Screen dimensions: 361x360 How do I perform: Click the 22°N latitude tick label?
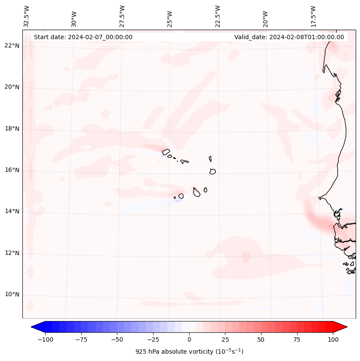(x=12, y=46)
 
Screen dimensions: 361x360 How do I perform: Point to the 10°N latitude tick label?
(x=12, y=295)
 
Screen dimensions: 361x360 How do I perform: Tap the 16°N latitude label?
(x=12, y=170)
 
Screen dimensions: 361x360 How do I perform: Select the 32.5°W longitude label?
(x=27, y=16)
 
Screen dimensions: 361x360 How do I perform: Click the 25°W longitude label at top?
(x=170, y=16)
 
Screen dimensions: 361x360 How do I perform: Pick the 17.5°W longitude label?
(x=313, y=16)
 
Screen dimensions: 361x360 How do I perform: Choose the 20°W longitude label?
(x=265, y=16)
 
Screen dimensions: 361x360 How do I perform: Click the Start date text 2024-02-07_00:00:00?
(x=83, y=37)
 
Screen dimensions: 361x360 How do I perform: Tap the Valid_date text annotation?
(x=289, y=37)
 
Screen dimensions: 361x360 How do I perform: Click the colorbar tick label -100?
(x=45, y=339)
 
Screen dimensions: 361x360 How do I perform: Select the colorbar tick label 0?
(x=189, y=339)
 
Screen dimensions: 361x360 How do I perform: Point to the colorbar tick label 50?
(x=261, y=339)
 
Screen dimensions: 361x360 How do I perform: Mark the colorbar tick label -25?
(x=153, y=339)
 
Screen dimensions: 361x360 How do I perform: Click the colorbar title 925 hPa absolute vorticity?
(x=189, y=352)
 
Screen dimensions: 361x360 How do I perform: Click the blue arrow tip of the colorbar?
(x=35, y=327)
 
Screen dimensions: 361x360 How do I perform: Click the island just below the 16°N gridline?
(x=212, y=171)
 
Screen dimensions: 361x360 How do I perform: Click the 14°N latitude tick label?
(x=12, y=212)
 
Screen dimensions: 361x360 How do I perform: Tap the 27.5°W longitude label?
(x=122, y=16)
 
